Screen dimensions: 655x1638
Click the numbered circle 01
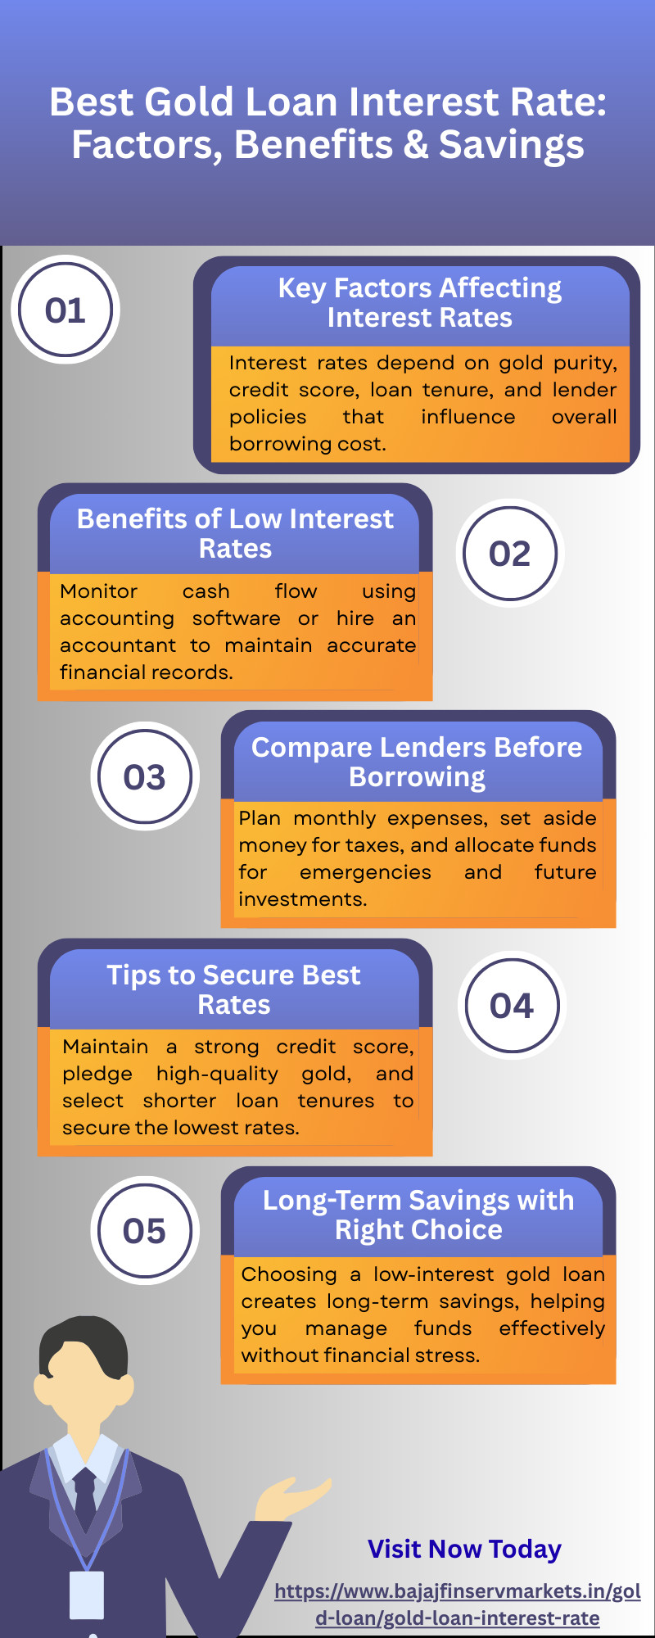[65, 310]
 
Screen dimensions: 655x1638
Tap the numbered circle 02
[510, 553]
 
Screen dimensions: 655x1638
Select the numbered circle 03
[145, 776]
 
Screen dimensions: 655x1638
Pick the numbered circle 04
[512, 1005]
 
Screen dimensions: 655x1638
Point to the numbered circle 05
[145, 1230]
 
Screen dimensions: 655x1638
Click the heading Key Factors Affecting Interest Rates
[420, 302]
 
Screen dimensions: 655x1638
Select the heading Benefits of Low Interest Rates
[235, 533]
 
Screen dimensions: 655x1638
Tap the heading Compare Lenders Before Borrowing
[418, 762]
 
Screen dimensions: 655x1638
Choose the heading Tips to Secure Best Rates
[234, 989]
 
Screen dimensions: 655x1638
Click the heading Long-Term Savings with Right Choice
[418, 1215]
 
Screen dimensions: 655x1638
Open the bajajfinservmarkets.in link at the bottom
[458, 1604]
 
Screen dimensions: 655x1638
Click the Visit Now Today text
[464, 1549]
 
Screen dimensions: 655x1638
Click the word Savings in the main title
[512, 145]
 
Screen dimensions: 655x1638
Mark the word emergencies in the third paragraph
[365, 872]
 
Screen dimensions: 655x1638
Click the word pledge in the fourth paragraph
[97, 1074]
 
